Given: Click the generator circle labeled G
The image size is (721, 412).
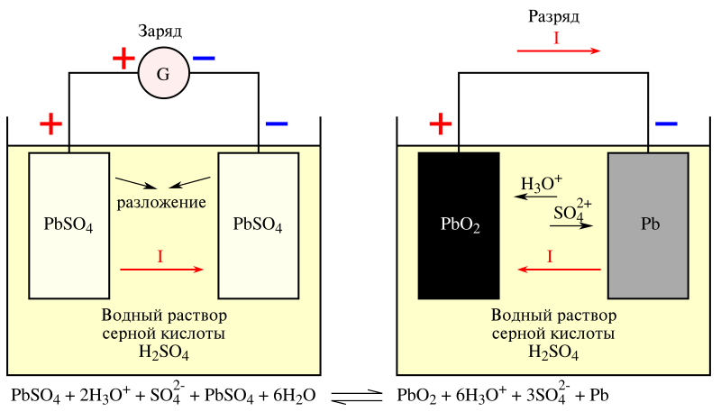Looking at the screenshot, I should point(163,73).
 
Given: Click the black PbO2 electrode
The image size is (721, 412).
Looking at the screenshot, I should point(459,225).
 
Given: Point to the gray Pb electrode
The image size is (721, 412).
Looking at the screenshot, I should point(649,225).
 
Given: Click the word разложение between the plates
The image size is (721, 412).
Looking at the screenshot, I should point(162,200).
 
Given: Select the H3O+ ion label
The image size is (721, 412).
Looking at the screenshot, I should point(541,185).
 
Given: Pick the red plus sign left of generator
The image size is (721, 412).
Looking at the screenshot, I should point(123,59).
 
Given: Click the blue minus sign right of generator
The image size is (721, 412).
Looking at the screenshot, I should point(204,59).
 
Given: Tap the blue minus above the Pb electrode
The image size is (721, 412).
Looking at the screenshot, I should point(666,123).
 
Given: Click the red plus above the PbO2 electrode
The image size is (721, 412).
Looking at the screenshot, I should point(441,123).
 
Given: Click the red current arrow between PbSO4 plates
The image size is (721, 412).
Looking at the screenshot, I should point(163,269).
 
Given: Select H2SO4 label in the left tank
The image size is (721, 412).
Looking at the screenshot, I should point(163,352).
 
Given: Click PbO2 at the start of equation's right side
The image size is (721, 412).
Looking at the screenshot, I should point(415,396).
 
